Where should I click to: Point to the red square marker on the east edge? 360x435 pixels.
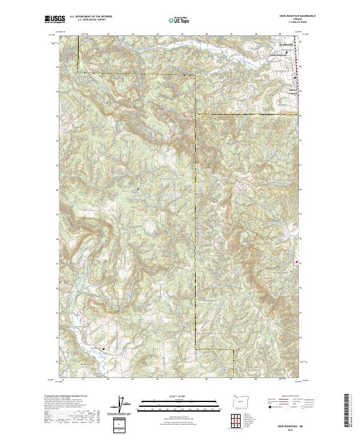tap(297, 262)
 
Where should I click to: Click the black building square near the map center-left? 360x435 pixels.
tap(138, 190)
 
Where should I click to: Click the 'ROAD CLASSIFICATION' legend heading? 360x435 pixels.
tap(282, 397)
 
